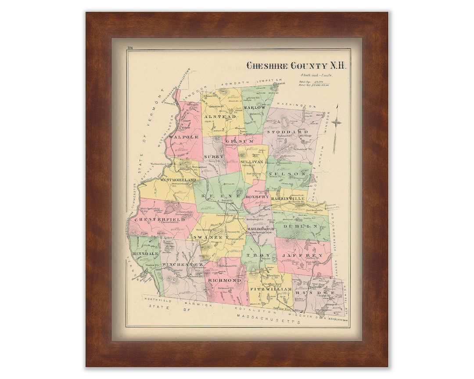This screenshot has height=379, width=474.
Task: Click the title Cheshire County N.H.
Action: tap(296, 66)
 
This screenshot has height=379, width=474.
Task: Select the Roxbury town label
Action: tap(257, 197)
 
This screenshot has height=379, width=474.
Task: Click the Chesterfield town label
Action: tap(160, 219)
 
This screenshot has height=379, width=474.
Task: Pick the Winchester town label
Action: tap(182, 265)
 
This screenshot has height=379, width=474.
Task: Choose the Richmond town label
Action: tap(224, 279)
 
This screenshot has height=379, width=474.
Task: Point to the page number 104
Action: tap(131, 48)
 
